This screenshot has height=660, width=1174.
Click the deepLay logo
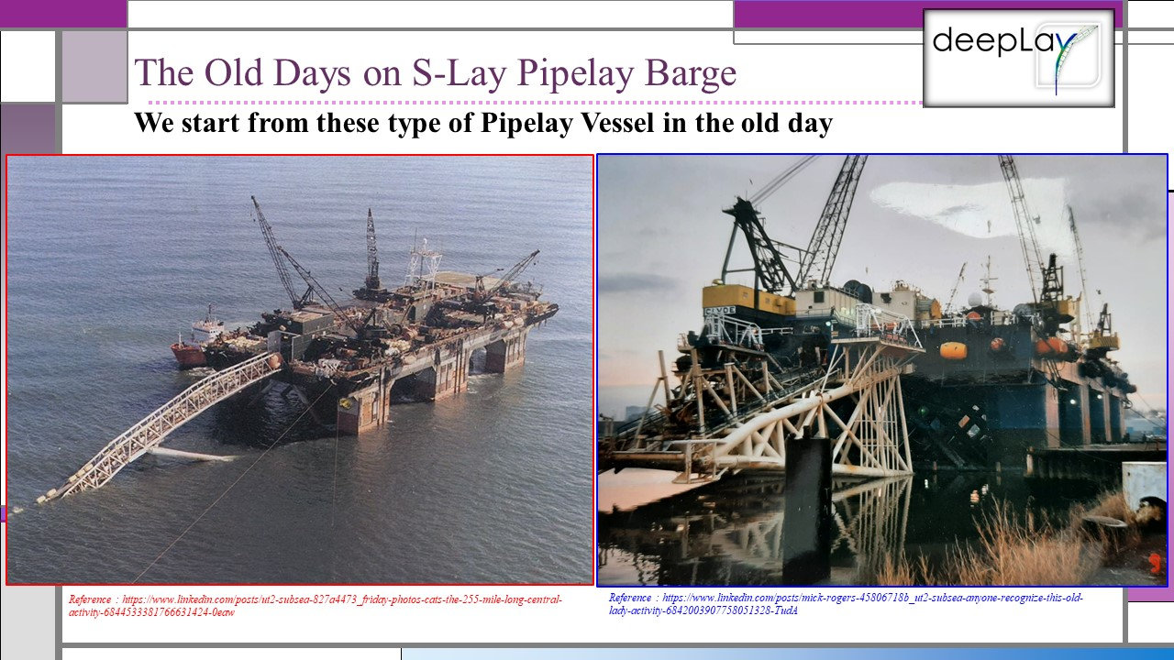coord(1018,57)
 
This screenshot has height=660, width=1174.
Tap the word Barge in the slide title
coord(693,73)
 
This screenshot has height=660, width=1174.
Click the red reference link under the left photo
coord(316,605)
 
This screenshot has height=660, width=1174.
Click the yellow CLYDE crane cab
coord(748,301)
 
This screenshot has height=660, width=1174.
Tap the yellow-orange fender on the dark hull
coord(953,350)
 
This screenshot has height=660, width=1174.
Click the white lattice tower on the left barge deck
coord(423,261)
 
